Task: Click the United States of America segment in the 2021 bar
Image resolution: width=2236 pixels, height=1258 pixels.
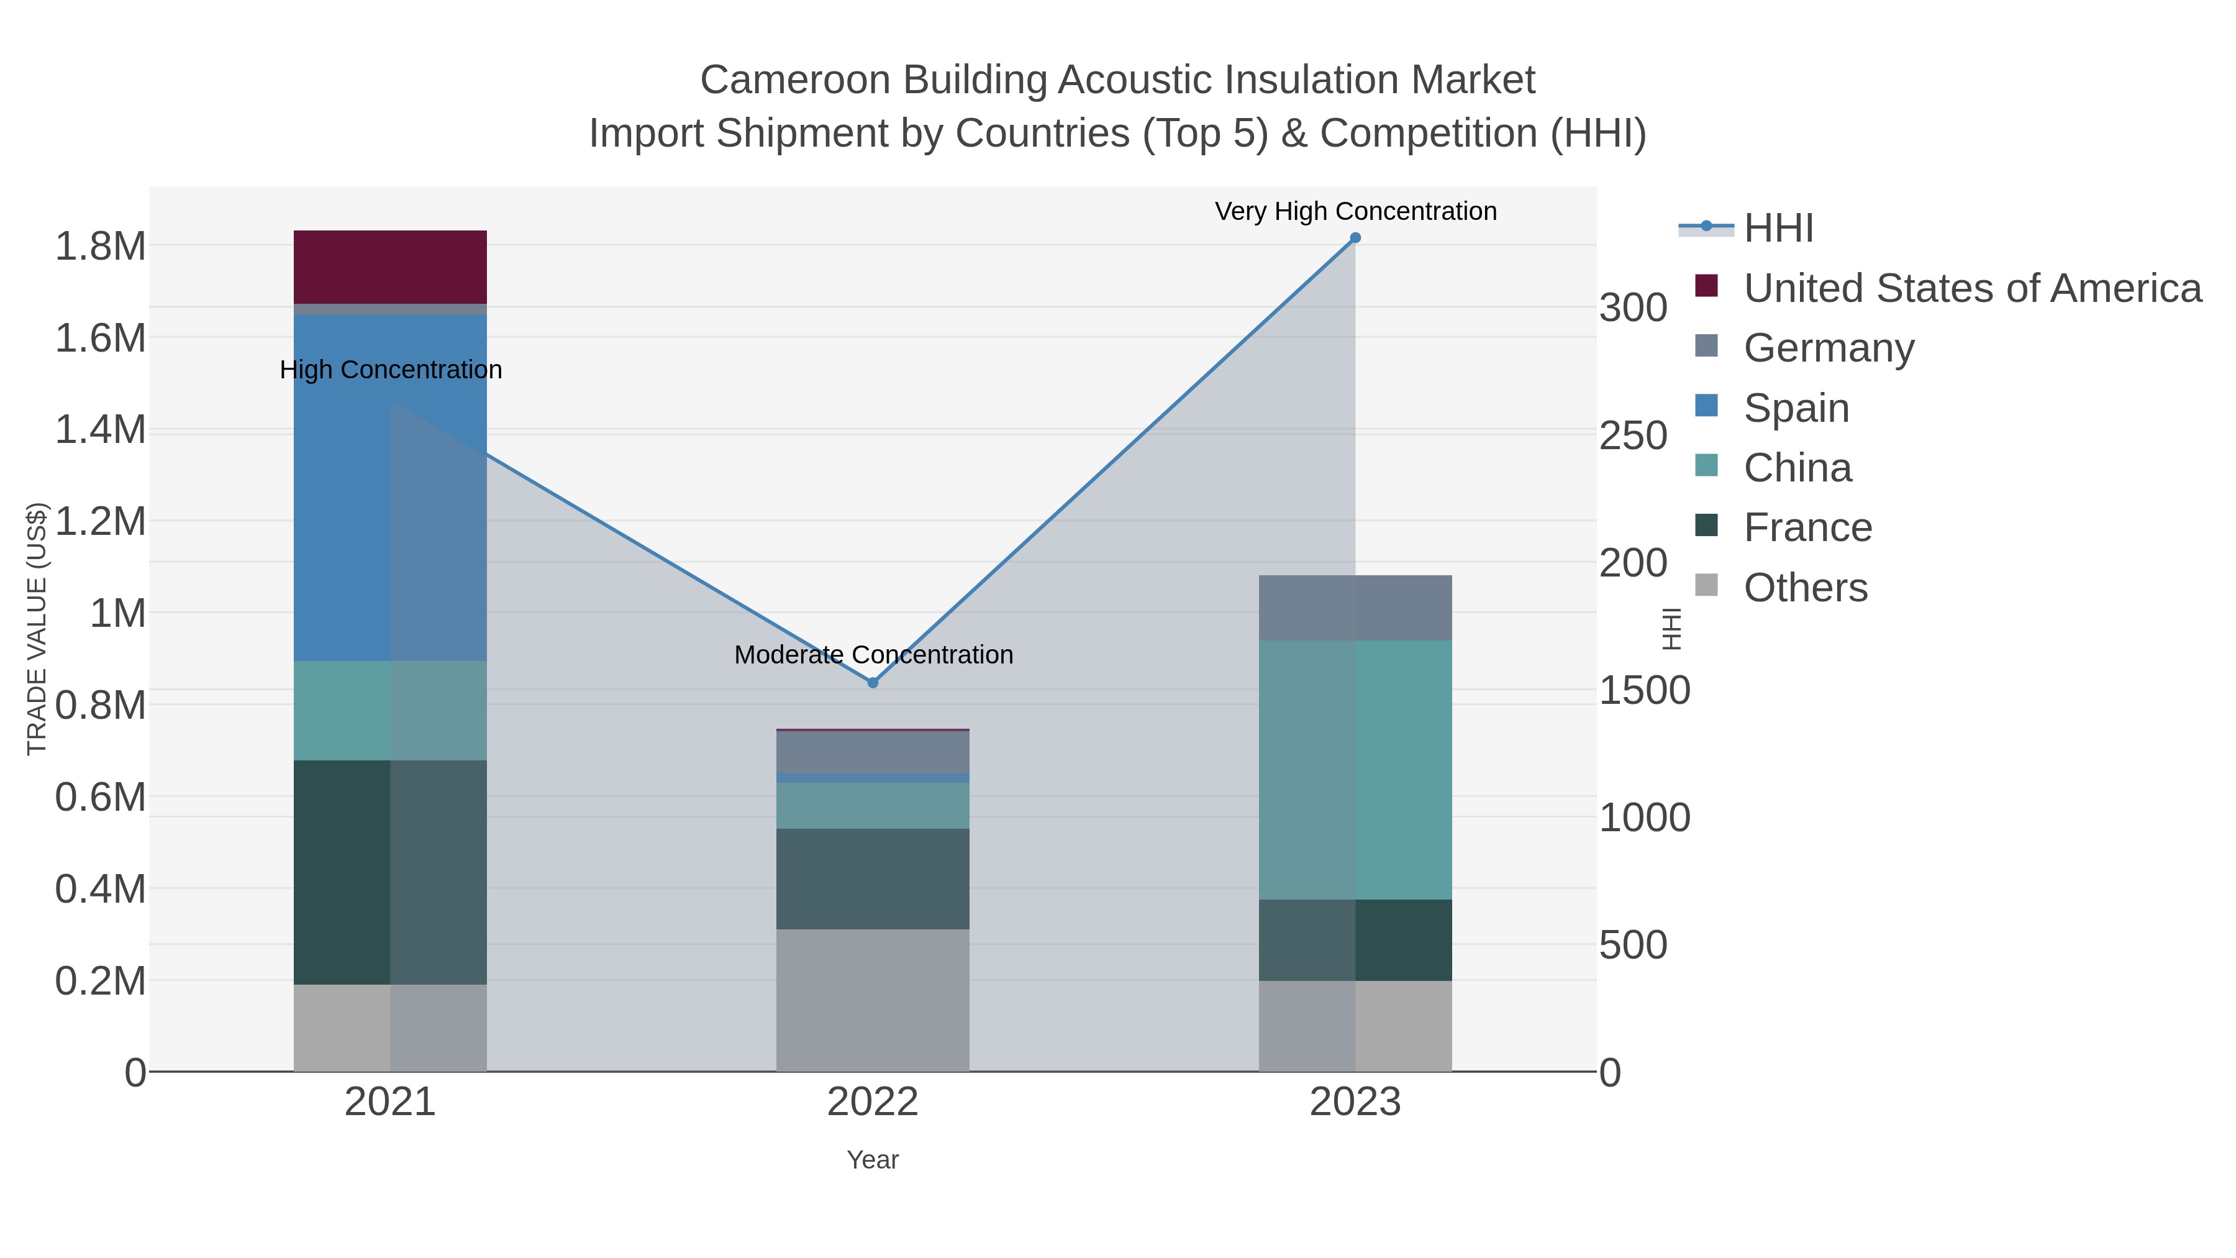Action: coord(389,267)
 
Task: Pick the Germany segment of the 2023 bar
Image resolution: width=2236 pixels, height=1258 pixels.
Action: coord(1355,608)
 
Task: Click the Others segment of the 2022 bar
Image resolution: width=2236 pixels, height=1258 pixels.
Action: coord(873,1000)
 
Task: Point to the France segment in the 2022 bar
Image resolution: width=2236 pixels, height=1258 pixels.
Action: coord(873,878)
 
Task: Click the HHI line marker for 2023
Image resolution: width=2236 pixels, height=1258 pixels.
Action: coord(1355,238)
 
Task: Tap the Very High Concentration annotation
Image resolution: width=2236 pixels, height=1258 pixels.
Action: coord(1355,211)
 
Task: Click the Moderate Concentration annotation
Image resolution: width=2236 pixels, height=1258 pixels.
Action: coord(873,655)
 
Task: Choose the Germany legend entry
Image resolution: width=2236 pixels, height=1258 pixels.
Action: coord(1828,348)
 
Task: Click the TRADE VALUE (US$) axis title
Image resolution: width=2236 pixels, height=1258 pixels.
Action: coord(37,629)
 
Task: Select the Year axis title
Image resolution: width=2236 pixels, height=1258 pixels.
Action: coord(873,1160)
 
